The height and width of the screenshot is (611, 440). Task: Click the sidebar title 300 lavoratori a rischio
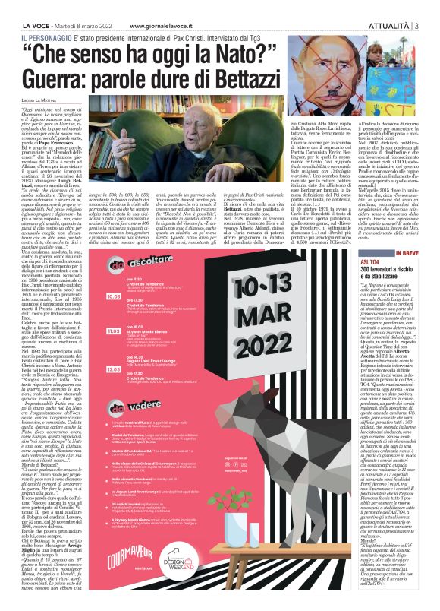(394, 272)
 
